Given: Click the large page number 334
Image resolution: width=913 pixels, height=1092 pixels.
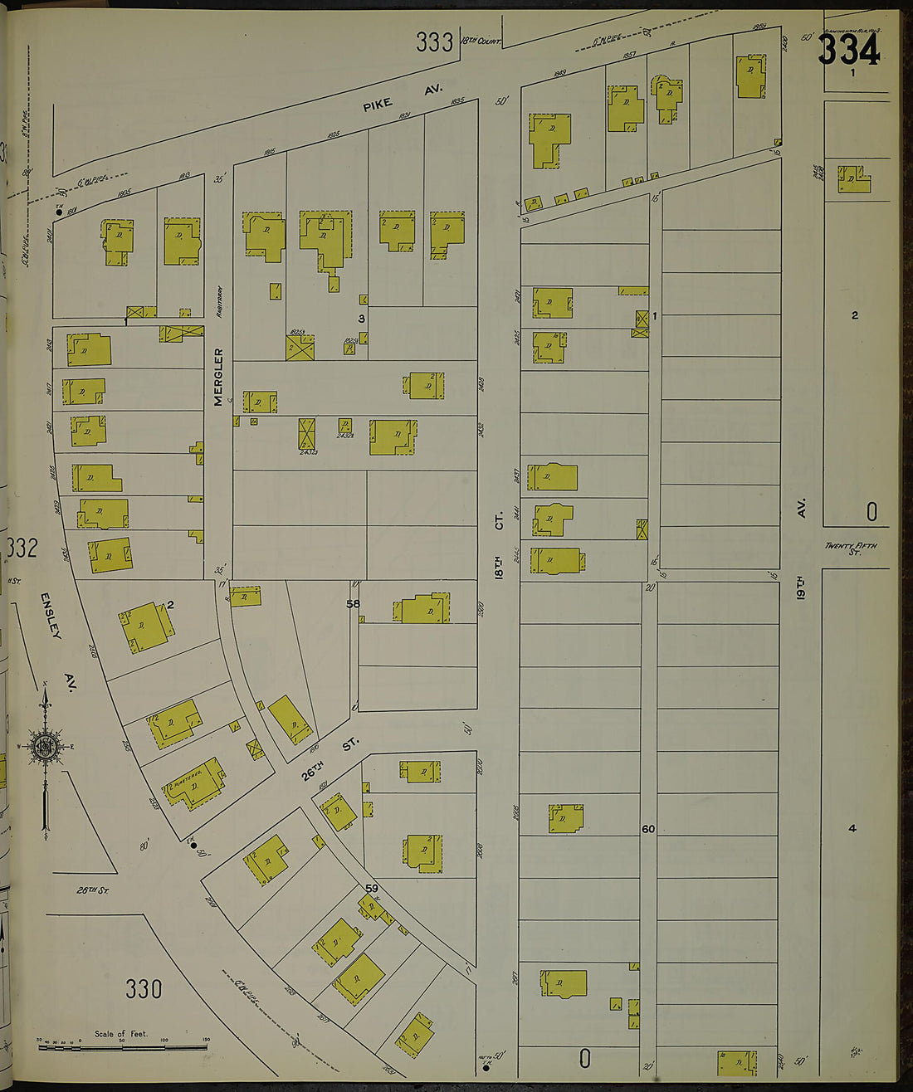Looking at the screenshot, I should [847, 51].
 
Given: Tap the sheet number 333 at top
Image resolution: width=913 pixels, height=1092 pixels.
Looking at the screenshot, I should [435, 42].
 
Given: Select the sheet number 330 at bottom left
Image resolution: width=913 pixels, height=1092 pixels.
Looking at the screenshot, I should [144, 989].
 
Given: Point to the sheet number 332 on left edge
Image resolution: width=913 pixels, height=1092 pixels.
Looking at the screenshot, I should [22, 548].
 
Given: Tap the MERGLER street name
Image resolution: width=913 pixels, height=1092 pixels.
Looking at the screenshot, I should [218, 377].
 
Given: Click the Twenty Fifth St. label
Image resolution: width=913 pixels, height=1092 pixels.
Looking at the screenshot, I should [851, 548].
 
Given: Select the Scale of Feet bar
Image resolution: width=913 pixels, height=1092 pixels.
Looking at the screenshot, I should [122, 1047].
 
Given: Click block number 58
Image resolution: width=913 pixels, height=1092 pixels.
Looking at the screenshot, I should [354, 604].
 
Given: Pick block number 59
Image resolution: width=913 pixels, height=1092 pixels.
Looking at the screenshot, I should [372, 889].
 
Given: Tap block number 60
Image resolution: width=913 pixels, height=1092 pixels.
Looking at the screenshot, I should [648, 829].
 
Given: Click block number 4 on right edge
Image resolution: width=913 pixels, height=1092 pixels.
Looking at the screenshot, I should [852, 828].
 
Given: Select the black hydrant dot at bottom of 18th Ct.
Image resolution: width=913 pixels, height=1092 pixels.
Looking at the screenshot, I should [486, 1068].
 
